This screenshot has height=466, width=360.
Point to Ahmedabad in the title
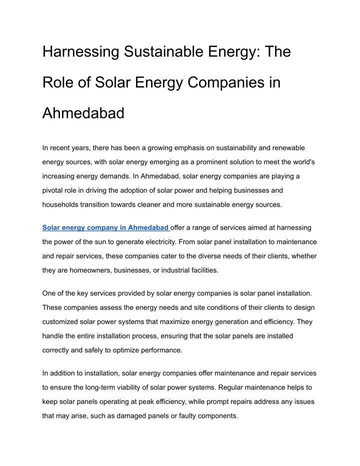coord(83,114)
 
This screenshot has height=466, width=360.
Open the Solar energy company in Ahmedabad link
coord(105,228)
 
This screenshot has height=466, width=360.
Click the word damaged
coord(140,416)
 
